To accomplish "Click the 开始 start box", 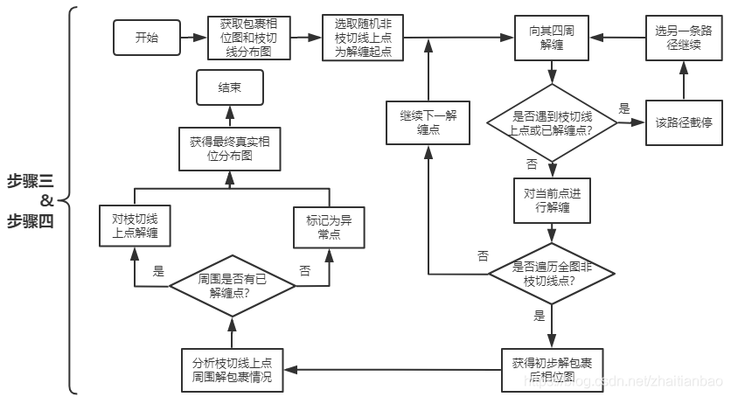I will click(x=147, y=38).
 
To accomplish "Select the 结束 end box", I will click(x=229, y=87).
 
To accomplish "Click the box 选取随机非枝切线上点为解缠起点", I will click(x=362, y=38).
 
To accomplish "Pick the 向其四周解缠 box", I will click(x=551, y=38).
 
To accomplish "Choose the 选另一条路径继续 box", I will click(x=684, y=38).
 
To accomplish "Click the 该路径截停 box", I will click(x=684, y=122).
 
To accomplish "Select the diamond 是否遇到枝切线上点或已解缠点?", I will click(x=551, y=122).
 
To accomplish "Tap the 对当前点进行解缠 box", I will click(x=551, y=201).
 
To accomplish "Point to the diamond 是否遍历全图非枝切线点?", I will click(x=551, y=273).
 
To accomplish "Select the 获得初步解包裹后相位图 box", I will click(x=551, y=369).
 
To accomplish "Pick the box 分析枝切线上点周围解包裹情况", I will click(x=231, y=370).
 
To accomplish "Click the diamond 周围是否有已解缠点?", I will click(x=231, y=285).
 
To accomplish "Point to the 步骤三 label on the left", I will click(x=30, y=181).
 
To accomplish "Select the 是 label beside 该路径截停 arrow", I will click(x=623, y=108).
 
